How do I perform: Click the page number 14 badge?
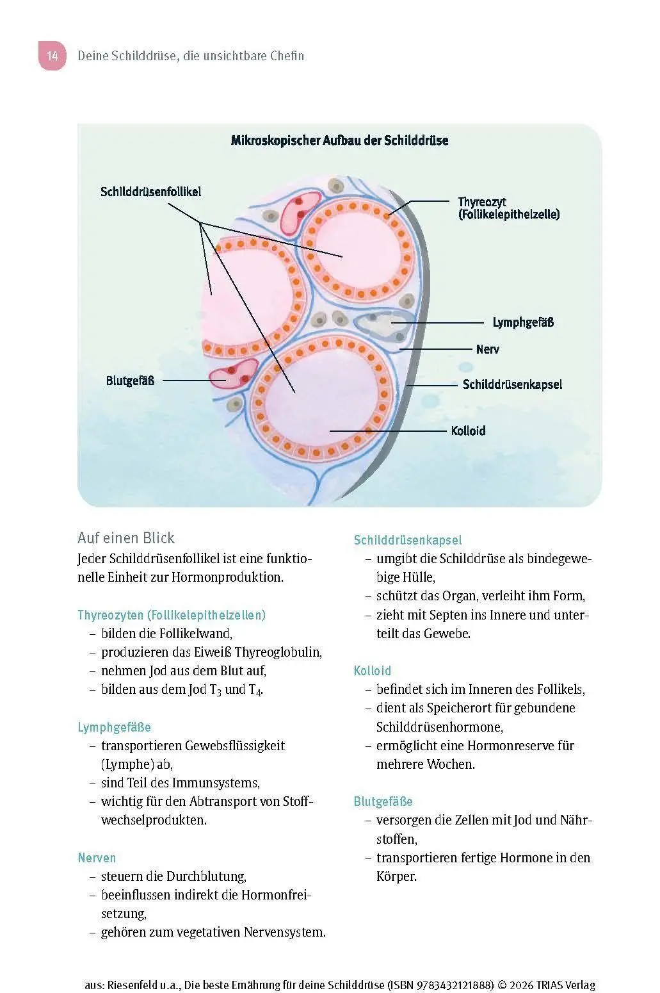pos(52,56)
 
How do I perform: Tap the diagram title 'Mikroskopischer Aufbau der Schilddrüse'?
pos(339,140)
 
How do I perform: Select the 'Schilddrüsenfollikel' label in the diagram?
pos(150,192)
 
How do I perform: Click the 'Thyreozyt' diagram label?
pos(482,202)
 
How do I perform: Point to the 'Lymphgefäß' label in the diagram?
pos(523,322)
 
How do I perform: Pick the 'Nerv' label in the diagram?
pos(488,349)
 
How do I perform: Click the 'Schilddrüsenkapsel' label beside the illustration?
pos(512,384)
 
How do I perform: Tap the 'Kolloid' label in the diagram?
pos(468,431)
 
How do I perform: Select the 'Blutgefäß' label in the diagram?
pos(130,381)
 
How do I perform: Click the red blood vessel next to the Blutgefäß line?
pos(234,373)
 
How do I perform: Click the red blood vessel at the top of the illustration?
pos(299,213)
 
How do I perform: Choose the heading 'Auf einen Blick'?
pos(126,538)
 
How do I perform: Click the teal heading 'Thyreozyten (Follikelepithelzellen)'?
pos(172,615)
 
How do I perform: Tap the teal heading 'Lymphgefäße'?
pos(115,727)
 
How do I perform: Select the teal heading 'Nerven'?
pos(97,858)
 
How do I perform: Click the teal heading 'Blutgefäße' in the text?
pos(383,801)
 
